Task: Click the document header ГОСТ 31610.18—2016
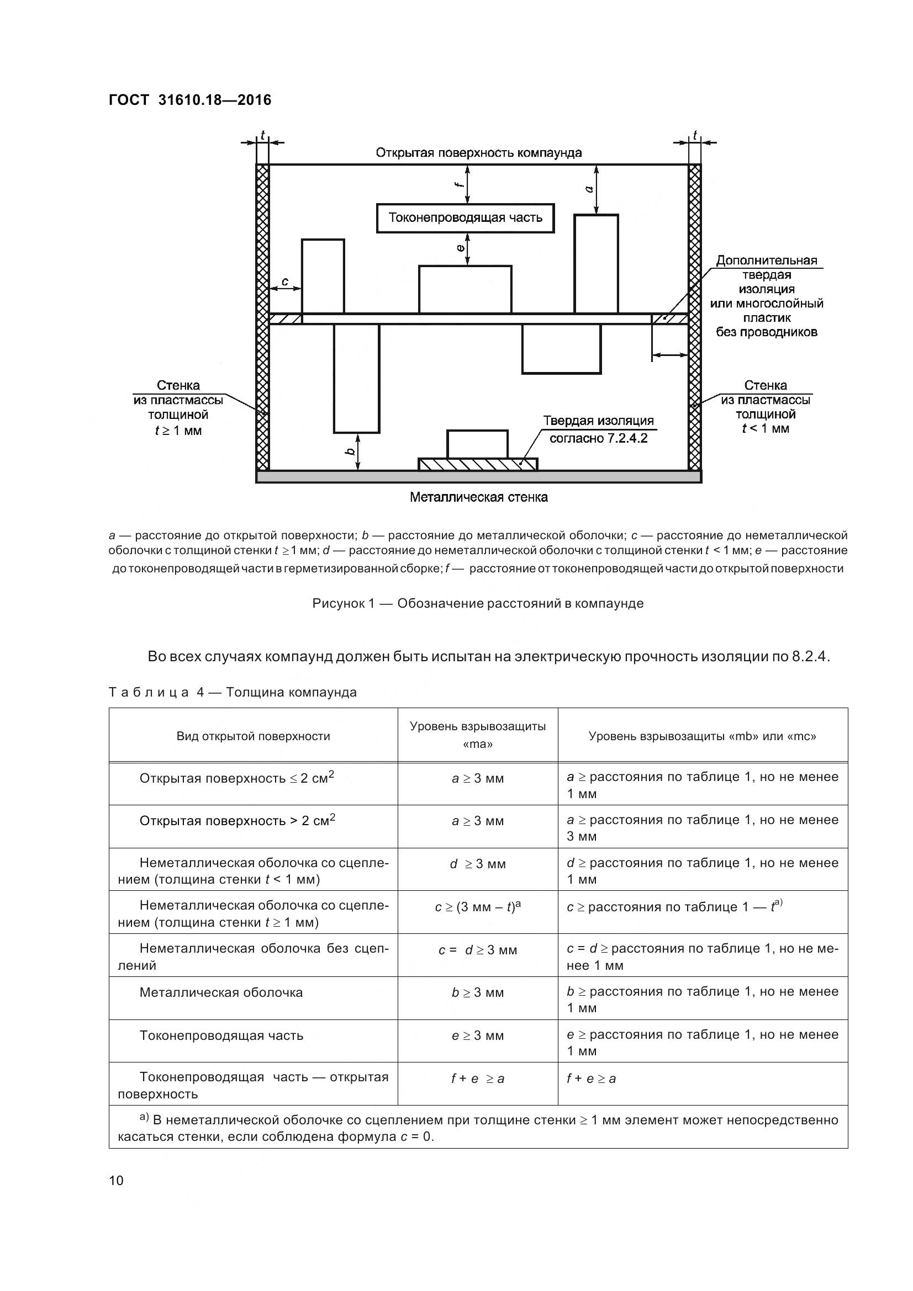click(x=189, y=100)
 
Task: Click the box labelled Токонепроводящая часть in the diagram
click(x=465, y=218)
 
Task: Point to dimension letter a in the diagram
click(x=589, y=189)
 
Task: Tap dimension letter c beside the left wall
click(x=284, y=281)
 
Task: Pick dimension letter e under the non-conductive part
click(x=461, y=248)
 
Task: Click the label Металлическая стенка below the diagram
click(x=478, y=497)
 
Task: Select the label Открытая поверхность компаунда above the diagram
click(x=478, y=153)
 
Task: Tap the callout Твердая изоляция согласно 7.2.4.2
click(x=598, y=429)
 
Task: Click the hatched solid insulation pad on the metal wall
click(x=478, y=464)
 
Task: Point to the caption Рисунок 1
click(x=478, y=603)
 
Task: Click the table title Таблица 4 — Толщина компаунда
click(x=233, y=692)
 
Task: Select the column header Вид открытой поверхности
click(x=253, y=736)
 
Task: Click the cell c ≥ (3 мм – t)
click(x=478, y=907)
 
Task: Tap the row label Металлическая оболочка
click(x=221, y=992)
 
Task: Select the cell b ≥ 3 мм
click(x=478, y=992)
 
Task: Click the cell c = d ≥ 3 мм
click(x=478, y=950)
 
